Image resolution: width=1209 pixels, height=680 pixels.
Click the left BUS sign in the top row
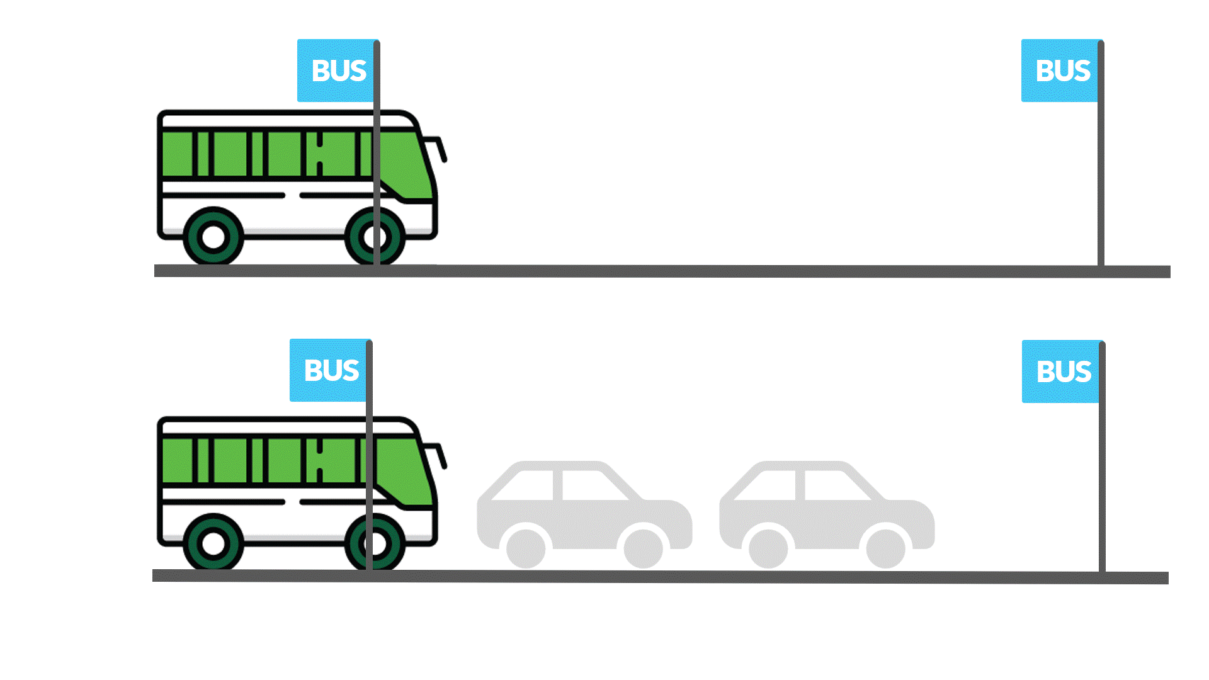click(x=338, y=71)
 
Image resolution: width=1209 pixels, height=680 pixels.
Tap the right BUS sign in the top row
click(x=1062, y=71)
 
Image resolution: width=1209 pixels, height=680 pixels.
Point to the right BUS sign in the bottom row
click(x=1062, y=371)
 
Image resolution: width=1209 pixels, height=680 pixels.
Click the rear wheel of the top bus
click(x=213, y=237)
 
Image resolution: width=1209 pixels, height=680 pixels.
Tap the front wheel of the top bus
click(x=375, y=237)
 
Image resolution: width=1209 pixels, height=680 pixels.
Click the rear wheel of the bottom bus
click(x=213, y=543)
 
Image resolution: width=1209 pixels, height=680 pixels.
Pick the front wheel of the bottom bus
click(x=375, y=543)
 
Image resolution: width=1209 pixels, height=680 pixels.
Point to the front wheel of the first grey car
click(x=643, y=548)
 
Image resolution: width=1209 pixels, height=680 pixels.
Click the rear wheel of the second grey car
click(x=768, y=548)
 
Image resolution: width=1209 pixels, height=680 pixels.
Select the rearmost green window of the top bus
click(x=177, y=154)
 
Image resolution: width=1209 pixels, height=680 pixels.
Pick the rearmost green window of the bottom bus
click(x=177, y=461)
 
